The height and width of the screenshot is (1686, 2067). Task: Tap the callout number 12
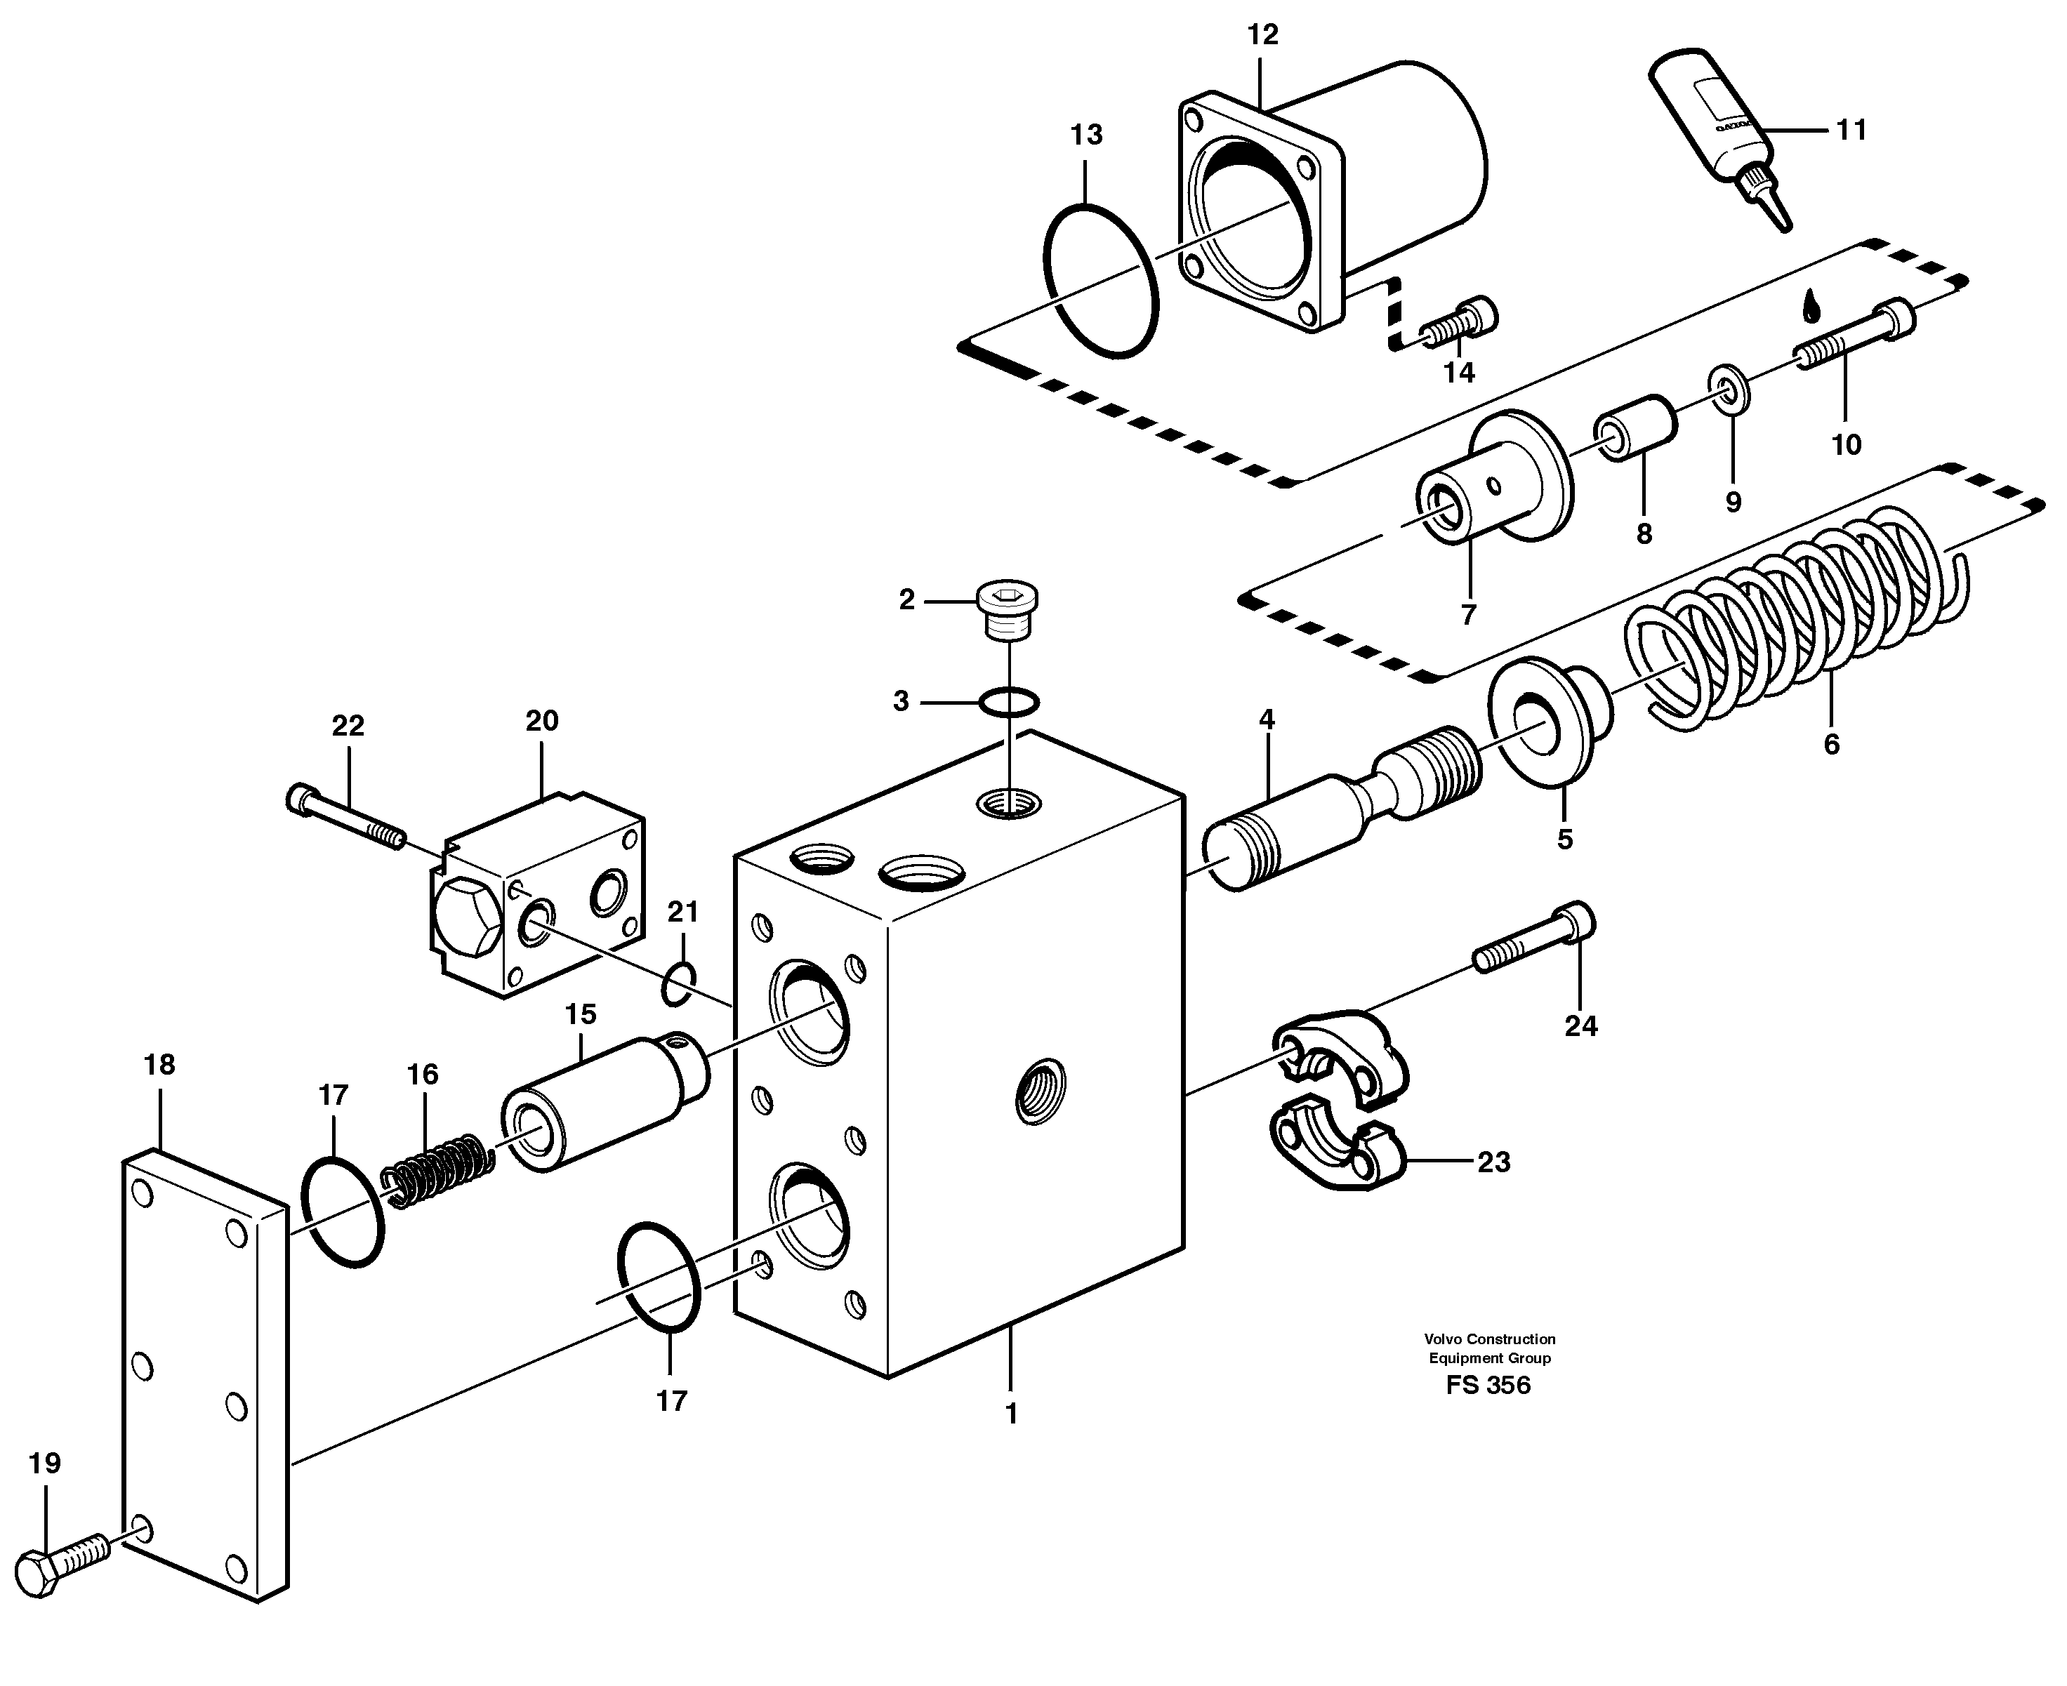[1262, 35]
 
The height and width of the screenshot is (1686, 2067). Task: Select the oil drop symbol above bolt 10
[1811, 306]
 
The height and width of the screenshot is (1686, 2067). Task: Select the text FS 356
[1487, 1385]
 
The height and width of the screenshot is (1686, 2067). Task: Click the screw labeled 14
[1461, 324]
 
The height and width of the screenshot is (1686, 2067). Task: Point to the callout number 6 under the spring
[1831, 745]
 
